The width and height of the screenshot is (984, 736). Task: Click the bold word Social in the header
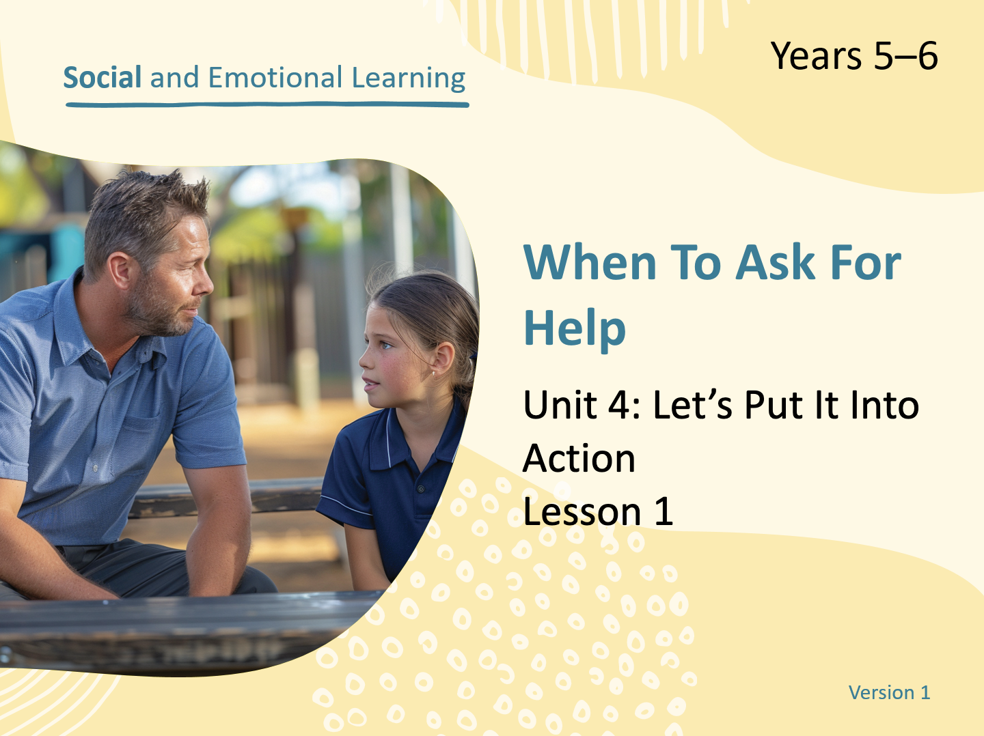tap(102, 77)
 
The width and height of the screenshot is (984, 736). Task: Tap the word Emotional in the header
tap(275, 77)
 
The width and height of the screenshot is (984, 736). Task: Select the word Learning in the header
tap(409, 79)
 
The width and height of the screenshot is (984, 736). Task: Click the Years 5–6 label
tap(854, 56)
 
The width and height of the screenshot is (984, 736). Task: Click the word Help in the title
tap(574, 328)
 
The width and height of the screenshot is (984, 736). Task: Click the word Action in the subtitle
tap(579, 459)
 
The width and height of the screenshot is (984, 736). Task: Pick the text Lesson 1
tap(597, 511)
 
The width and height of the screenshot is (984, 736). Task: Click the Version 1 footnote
tap(890, 692)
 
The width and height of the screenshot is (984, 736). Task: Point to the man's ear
tap(120, 270)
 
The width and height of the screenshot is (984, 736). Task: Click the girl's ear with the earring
tap(443, 359)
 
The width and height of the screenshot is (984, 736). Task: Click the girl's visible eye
tap(385, 345)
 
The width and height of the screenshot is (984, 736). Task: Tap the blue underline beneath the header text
tap(267, 104)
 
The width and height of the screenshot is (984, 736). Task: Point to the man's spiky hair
tap(143, 210)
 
